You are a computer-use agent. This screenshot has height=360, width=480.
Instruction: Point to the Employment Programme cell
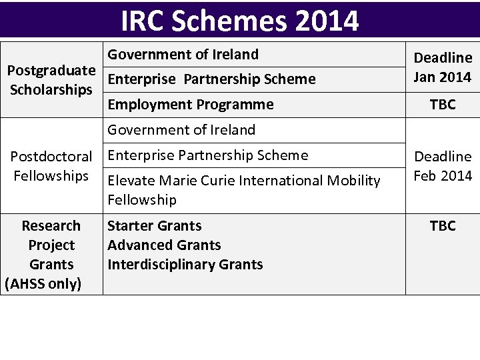pyautogui.click(x=191, y=104)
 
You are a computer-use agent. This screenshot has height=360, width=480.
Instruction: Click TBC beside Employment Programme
pyautogui.click(x=443, y=105)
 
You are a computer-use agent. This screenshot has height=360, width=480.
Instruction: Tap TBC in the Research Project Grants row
pyautogui.click(x=443, y=226)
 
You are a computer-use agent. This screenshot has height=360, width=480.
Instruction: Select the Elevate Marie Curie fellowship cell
pyautogui.click(x=244, y=189)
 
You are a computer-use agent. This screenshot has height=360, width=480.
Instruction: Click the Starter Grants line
pyautogui.click(x=155, y=226)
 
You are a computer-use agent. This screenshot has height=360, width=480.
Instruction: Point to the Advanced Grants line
pyautogui.click(x=164, y=245)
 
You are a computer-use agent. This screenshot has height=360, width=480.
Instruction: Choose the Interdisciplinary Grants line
pyautogui.click(x=185, y=264)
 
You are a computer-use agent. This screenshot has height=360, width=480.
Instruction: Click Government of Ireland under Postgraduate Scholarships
pyautogui.click(x=183, y=54)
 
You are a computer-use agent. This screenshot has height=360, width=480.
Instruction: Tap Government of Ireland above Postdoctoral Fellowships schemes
pyautogui.click(x=181, y=129)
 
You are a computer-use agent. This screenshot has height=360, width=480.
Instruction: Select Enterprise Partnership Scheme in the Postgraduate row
pyautogui.click(x=211, y=79)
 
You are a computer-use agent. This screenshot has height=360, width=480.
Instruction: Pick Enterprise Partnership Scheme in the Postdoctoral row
pyautogui.click(x=208, y=155)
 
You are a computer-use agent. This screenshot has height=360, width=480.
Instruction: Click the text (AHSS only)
pyautogui.click(x=43, y=284)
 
